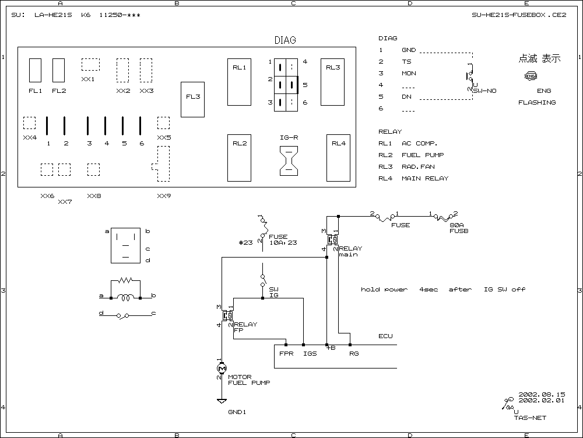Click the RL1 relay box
(239, 82)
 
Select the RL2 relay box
(239, 158)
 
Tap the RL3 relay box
(332, 82)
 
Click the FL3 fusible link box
(192, 99)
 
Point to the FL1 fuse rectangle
(35, 70)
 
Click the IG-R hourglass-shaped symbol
(289, 159)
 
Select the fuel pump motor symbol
(222, 368)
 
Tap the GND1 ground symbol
(222, 402)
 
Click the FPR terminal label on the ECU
(286, 353)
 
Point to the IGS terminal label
(310, 353)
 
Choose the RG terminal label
(353, 353)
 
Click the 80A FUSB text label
(459, 228)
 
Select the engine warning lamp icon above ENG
(531, 76)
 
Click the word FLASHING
(537, 102)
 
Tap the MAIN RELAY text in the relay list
(425, 178)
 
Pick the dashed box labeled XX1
(90, 64)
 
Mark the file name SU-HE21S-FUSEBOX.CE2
(519, 15)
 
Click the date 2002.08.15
(542, 394)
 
